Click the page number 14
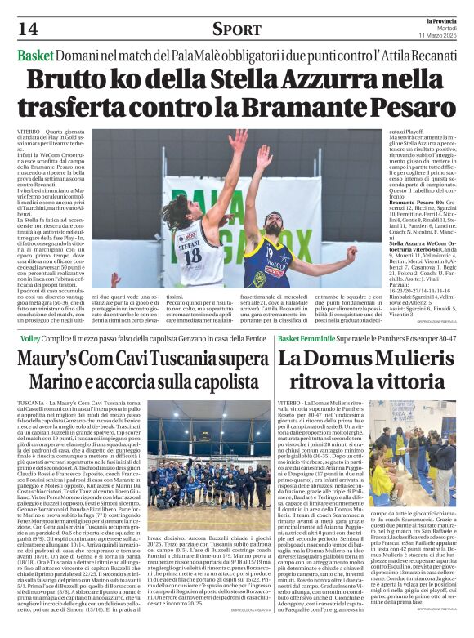pos(27,29)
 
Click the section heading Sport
pos(236,29)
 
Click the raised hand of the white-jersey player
pos(238,141)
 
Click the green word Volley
pos(29,337)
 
